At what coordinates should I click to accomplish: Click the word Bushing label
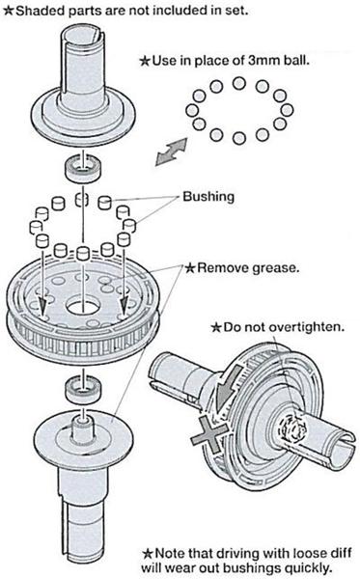pyautogui.click(x=208, y=197)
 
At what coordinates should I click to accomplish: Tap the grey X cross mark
pyautogui.click(x=209, y=433)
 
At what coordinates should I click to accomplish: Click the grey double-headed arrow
pyautogui.click(x=172, y=152)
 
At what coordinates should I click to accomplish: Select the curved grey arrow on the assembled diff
pyautogui.click(x=228, y=388)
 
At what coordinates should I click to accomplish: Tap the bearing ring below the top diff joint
pyautogui.click(x=83, y=168)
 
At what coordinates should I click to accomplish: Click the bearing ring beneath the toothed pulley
pyautogui.click(x=83, y=390)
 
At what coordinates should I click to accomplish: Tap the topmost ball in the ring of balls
pyautogui.click(x=239, y=83)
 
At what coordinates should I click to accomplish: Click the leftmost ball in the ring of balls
pyautogui.click(x=192, y=110)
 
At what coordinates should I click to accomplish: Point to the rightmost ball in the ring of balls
pyautogui.click(x=287, y=110)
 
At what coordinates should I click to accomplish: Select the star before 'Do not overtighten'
pyautogui.click(x=216, y=327)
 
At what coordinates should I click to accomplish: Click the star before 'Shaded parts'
pyautogui.click(x=8, y=11)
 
